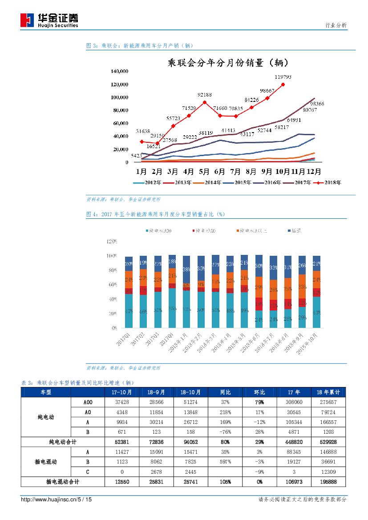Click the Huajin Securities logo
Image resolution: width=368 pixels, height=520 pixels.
tap(49, 20)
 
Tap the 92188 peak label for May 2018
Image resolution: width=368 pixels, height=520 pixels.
tap(205, 95)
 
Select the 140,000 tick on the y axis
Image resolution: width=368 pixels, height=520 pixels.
tap(120, 71)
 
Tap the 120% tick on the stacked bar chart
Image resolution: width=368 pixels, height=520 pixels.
tap(112, 242)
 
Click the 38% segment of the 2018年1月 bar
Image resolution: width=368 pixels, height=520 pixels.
tap(187, 269)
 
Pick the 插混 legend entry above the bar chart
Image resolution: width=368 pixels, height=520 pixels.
tap(295, 231)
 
